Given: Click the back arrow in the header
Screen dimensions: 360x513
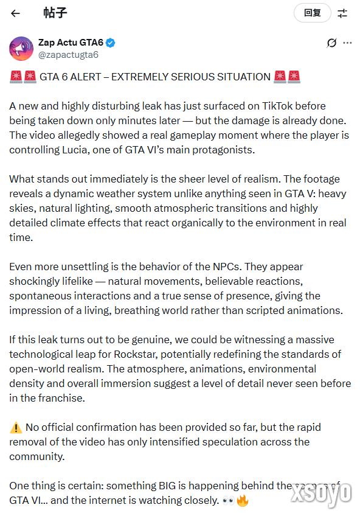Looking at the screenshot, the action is tap(16, 13).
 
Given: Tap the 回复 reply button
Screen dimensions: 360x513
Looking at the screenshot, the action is tap(312, 13).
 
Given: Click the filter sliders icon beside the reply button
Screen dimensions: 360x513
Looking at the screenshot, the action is tap(343, 13).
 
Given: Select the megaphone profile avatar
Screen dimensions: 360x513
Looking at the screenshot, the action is tap(21, 48).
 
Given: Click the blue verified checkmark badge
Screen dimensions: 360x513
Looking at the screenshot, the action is tap(111, 43).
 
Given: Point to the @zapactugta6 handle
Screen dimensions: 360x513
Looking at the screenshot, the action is tap(68, 55).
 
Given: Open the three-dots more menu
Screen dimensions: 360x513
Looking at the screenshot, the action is tap(347, 43).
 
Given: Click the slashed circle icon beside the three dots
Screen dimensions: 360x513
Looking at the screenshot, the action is tap(331, 43).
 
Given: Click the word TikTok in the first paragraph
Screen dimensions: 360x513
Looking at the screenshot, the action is tap(282, 106).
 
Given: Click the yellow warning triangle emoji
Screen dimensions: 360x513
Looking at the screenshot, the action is tap(16, 427).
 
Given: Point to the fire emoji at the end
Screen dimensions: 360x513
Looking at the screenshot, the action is tap(243, 501).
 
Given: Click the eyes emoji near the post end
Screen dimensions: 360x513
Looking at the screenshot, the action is tap(229, 501).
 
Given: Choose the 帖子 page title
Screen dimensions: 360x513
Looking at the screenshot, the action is tap(55, 13).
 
